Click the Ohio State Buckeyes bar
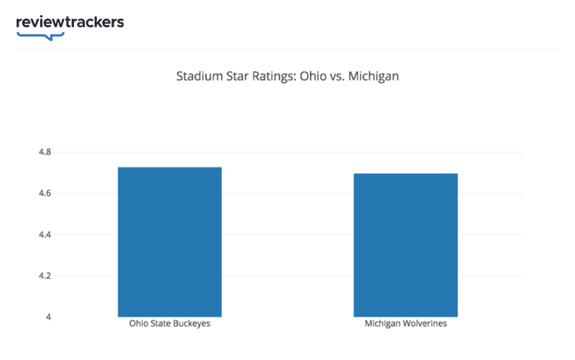[x=170, y=241]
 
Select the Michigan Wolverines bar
[x=405, y=244]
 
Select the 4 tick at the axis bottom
[x=49, y=317]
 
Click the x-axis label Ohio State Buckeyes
[x=170, y=324]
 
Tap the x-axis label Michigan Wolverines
[x=405, y=324]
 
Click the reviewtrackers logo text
[x=70, y=22]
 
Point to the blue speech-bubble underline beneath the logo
[x=40, y=35]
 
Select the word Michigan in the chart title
[x=374, y=76]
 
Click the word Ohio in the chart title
[x=310, y=76]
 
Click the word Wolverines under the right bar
[x=425, y=324]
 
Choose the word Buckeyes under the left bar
[x=191, y=324]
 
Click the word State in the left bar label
[x=160, y=324]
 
